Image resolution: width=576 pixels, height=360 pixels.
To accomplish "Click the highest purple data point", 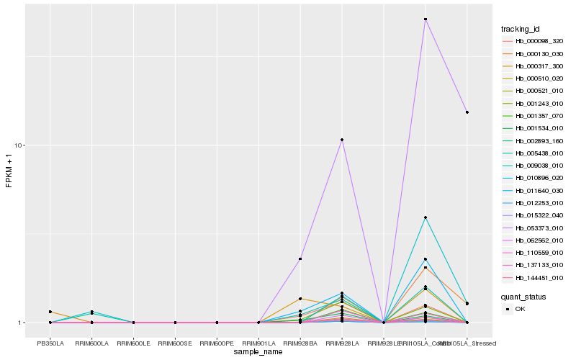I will coord(426,19).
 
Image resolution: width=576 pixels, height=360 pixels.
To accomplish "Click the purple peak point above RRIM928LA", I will coord(342,140).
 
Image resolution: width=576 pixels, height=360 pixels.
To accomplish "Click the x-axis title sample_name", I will coord(258,352).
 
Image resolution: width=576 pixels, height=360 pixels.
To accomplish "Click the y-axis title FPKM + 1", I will coord(9,171).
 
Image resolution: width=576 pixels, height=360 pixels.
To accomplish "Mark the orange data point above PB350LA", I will coord(50,312).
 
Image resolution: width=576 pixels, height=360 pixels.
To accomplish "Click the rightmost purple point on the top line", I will coord(467,112).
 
